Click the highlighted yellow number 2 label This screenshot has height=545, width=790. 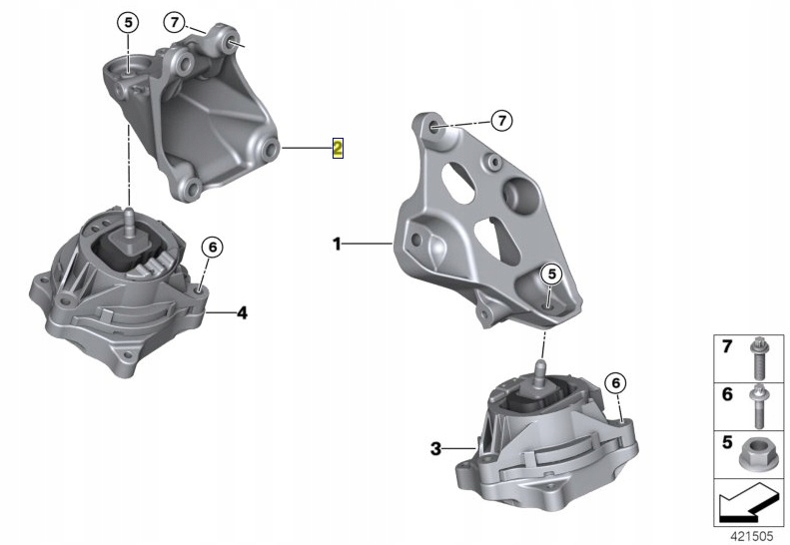click(x=338, y=148)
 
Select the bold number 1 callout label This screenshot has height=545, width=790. click(x=337, y=245)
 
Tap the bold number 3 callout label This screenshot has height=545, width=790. click(x=435, y=448)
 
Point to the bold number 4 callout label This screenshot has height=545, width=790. click(x=243, y=313)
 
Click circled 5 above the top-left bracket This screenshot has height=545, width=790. click(x=128, y=22)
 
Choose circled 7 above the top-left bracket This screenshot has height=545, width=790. click(x=175, y=22)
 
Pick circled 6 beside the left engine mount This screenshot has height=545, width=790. click(x=212, y=248)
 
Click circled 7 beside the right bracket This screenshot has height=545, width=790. click(x=501, y=121)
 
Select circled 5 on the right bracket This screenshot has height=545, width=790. click(x=551, y=274)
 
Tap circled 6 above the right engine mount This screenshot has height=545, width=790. click(x=615, y=383)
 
